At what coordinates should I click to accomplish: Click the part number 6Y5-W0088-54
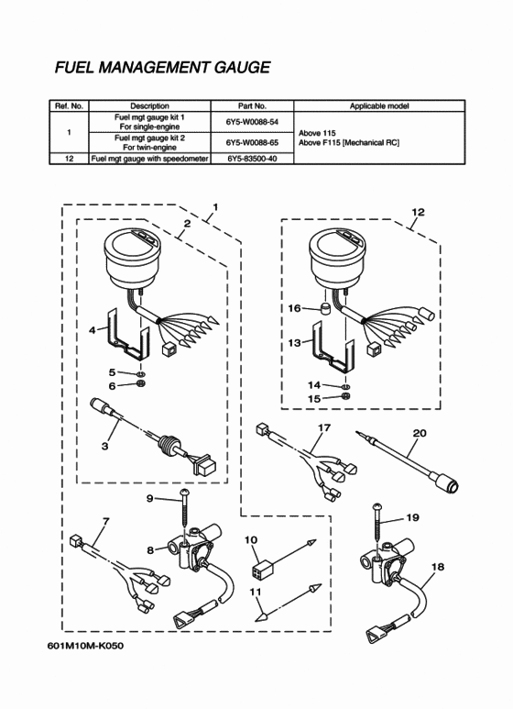tap(252, 122)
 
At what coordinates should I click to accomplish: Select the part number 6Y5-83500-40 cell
tap(252, 159)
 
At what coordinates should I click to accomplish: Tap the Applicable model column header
tap(379, 106)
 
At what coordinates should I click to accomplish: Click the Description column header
tap(149, 106)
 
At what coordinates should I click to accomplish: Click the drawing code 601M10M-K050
tap(85, 645)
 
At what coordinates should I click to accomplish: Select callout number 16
tap(294, 308)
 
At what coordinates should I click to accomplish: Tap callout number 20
tap(420, 433)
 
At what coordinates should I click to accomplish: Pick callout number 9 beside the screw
tap(150, 498)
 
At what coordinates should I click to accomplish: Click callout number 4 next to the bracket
tap(93, 330)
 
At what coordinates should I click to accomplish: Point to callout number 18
tap(438, 567)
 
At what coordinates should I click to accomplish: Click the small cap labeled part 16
tap(323, 309)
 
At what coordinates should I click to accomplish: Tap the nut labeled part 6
tap(140, 385)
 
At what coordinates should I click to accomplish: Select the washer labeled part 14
tap(345, 386)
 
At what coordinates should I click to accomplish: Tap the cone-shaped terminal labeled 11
tap(262, 615)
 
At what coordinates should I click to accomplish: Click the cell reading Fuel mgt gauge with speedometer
tap(150, 159)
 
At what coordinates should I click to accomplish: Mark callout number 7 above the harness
tap(106, 521)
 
